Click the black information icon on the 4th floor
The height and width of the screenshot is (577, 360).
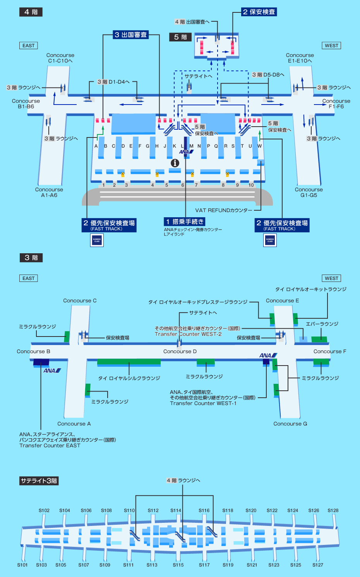point(175,163)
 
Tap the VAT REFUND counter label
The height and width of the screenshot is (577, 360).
point(223,210)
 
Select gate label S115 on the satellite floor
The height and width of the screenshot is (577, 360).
point(178,565)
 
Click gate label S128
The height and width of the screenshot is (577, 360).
point(333,510)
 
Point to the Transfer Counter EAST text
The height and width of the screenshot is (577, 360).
point(50,445)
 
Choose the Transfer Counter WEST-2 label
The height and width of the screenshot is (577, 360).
point(188,334)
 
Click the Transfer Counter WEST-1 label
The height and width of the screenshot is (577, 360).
point(203,403)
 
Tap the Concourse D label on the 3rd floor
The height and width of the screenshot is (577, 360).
point(180,352)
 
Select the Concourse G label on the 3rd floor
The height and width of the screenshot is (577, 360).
point(290,424)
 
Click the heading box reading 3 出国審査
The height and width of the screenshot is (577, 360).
point(131,35)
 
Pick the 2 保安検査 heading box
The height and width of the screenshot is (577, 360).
point(259,12)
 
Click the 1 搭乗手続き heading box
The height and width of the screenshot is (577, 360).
point(184,222)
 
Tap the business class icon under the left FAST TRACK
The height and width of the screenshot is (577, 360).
point(97,240)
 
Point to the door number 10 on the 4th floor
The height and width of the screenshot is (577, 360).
point(251,185)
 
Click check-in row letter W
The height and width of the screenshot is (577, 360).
point(259,146)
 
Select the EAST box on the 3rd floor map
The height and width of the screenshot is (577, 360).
point(29,278)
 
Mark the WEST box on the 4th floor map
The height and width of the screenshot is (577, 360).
point(331,45)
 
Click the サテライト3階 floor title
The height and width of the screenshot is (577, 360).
point(39,481)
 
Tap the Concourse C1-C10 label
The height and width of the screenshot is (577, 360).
point(60,58)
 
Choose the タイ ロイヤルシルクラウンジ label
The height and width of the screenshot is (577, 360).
point(129,378)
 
